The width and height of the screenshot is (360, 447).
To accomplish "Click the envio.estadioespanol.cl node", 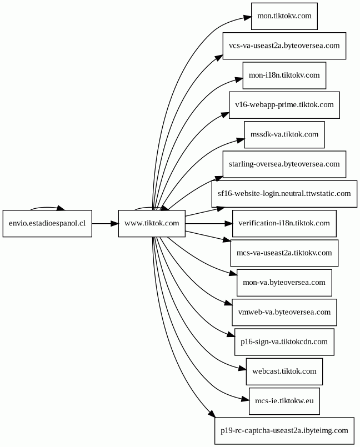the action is coord(47,223).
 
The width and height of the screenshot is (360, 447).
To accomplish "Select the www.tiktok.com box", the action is coord(152,223).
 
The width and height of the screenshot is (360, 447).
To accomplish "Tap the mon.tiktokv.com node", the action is coord(284,16).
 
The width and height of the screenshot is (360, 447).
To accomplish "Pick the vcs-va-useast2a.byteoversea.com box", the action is coord(284,46).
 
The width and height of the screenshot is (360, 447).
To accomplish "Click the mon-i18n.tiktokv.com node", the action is coord(284,76).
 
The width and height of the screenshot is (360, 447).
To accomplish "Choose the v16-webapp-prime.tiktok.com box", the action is coord(284,105).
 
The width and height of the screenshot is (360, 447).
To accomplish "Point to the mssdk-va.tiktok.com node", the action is coord(284,135).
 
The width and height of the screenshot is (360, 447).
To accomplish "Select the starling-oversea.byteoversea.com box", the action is coord(284,164).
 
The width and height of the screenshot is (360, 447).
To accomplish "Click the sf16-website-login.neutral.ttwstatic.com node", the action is coord(284,194).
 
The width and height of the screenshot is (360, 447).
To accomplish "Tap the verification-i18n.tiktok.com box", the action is coord(284,223).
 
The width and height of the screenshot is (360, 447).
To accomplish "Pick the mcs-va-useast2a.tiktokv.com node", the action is coord(284,253).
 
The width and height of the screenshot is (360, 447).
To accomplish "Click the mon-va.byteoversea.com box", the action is coord(284,283).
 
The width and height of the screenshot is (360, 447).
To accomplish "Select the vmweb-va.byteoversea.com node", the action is coord(284,313).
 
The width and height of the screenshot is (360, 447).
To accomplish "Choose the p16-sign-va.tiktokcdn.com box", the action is coord(284,342).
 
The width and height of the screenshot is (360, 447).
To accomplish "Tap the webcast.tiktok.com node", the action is coord(284,371).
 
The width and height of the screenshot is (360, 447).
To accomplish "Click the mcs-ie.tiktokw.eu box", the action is coord(284,401).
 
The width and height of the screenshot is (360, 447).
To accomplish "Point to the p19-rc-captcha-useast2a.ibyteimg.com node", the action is coord(284,431).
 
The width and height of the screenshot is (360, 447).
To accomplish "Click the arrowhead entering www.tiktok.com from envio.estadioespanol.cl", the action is coord(114,223).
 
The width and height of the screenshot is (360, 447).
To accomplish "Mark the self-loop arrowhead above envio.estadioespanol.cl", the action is coord(61,208).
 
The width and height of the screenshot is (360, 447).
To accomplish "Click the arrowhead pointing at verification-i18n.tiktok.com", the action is coord(228,223).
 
